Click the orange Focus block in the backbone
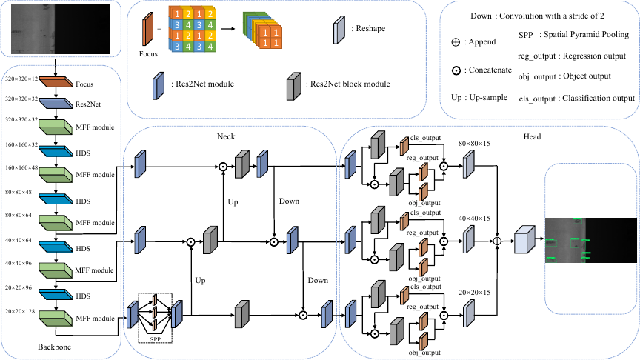(x=56, y=81)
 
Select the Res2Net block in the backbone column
(x=56, y=103)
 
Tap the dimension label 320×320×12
(x=21, y=79)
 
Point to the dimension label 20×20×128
(x=20, y=311)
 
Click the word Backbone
(x=54, y=347)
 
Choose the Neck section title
(x=226, y=136)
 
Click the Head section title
(x=532, y=136)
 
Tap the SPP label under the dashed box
(x=155, y=339)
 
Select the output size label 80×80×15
(x=474, y=144)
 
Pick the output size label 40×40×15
(x=474, y=219)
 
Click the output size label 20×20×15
(x=474, y=293)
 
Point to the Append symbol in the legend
(x=456, y=42)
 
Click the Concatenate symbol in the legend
(x=456, y=70)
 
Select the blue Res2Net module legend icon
(x=159, y=86)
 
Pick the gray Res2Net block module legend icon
(x=294, y=86)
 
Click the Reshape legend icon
(x=339, y=30)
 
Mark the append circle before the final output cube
(x=497, y=241)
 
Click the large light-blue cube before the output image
(x=524, y=239)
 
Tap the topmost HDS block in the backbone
(x=56, y=151)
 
